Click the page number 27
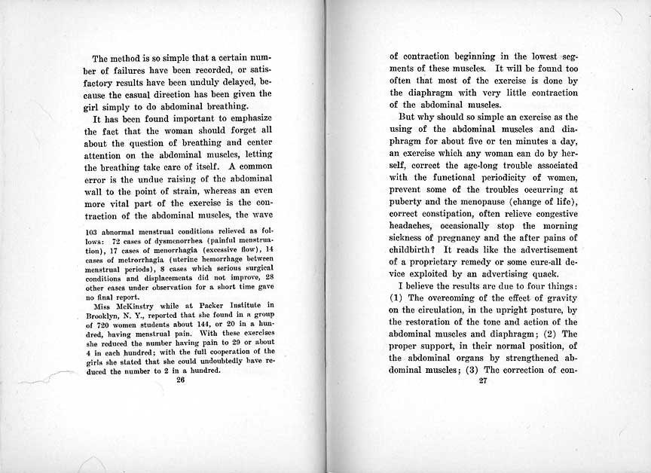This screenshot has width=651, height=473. [484, 380]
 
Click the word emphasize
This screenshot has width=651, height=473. [247, 119]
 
